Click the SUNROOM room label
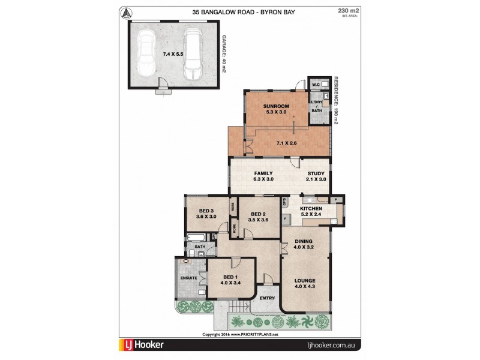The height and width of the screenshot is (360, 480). tap(276, 106)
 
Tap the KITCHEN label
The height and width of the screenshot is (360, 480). tap(311, 208)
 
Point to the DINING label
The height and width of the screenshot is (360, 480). tap(304, 242)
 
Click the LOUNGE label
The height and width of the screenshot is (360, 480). tap(304, 280)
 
